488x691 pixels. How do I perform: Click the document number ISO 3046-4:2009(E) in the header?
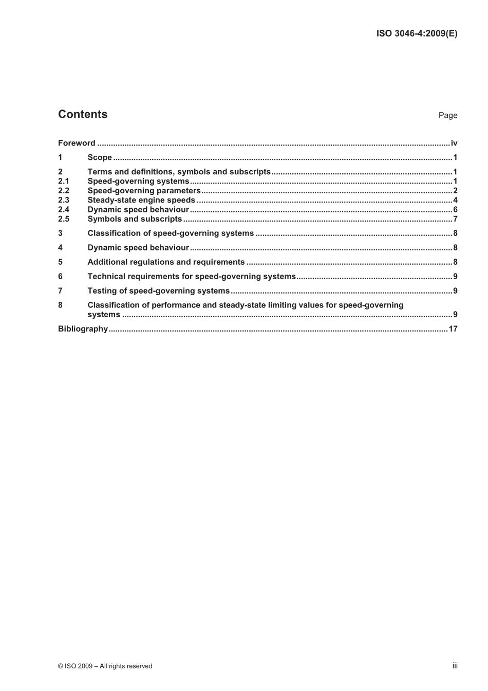pos(417,33)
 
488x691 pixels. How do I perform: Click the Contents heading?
pos(83,114)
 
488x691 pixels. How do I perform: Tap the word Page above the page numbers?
pos(447,115)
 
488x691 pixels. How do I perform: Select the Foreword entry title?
pos(77,143)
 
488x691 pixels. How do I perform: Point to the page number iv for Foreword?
pos(454,143)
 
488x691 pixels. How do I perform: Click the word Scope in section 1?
pos(100,157)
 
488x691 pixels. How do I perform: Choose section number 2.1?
pos(63,181)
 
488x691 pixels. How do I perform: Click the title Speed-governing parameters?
pos(144,191)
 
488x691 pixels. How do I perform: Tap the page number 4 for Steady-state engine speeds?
pos(455,200)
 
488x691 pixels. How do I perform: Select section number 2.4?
pos(63,209)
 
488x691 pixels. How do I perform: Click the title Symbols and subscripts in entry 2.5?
pos(135,219)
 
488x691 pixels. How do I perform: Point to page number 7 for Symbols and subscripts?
pos(455,219)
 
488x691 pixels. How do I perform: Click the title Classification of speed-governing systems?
pos(171,233)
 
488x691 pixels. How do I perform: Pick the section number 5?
pos(60,262)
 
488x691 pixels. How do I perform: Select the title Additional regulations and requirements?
pos(166,262)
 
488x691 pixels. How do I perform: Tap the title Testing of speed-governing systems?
pos(158,291)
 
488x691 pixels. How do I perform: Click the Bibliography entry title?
pos(83,329)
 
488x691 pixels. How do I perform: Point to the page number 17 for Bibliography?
pos(453,329)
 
